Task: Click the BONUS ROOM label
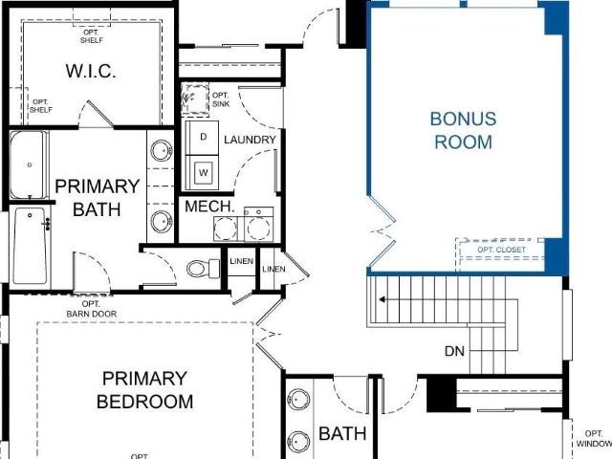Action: (463, 130)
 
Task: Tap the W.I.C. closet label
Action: (91, 71)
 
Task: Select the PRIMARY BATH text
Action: (98, 198)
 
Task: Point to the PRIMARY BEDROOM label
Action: (144, 390)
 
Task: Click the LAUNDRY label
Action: (250, 140)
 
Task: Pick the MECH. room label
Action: (209, 207)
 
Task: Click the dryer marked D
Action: (202, 138)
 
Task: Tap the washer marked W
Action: (202, 172)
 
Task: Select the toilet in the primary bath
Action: (204, 268)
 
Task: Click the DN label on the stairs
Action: (455, 351)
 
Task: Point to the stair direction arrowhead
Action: (382, 299)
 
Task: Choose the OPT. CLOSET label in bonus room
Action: (501, 250)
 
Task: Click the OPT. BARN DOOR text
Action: (92, 309)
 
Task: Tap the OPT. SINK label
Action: (221, 99)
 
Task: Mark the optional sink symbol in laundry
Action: (195, 99)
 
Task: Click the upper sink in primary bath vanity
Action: (162, 150)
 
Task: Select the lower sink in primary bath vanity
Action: (162, 222)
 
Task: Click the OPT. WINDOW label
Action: (594, 439)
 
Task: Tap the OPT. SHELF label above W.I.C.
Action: (92, 36)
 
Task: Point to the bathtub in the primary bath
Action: (29, 164)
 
